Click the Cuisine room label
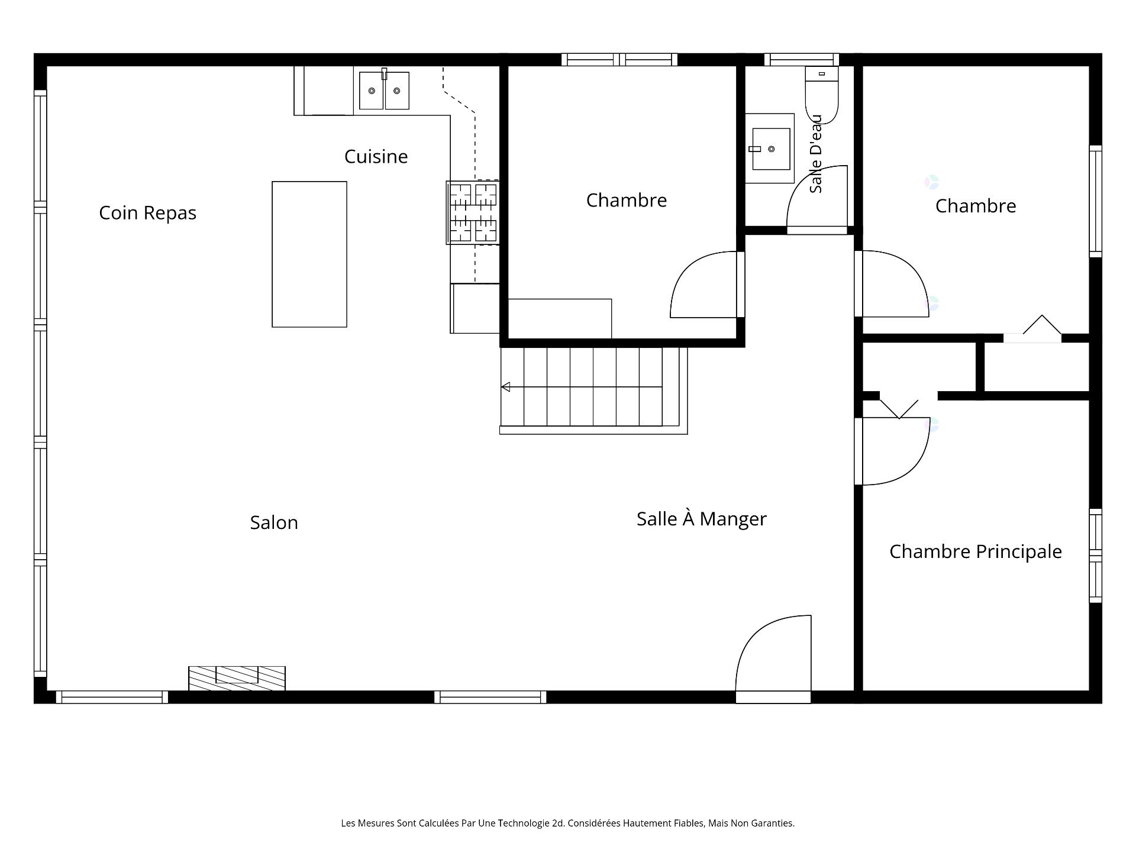[x=376, y=156]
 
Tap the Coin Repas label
[x=147, y=213]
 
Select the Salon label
[x=274, y=522]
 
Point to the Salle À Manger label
[x=702, y=518]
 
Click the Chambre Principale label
[x=976, y=551]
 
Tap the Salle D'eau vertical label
[x=816, y=154]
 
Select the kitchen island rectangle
[x=309, y=254]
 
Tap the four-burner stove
[x=473, y=212]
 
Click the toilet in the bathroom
[x=822, y=95]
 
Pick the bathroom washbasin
[x=770, y=149]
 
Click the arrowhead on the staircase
[x=506, y=387]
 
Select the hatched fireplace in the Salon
[x=237, y=678]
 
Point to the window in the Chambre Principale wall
[x=1096, y=556]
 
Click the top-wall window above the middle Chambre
[x=619, y=59]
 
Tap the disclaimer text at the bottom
[x=567, y=823]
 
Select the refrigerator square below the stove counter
[x=475, y=308]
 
